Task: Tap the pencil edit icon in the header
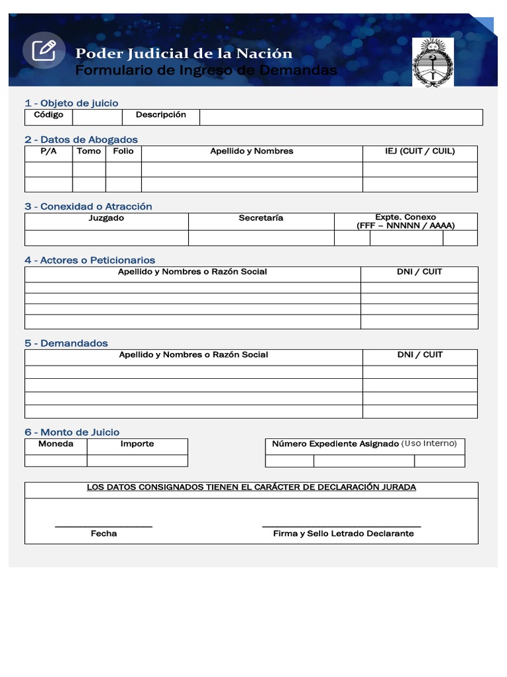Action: tap(44, 50)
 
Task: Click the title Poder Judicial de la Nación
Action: tap(184, 53)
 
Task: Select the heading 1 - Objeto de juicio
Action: tap(71, 102)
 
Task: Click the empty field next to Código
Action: tap(97, 117)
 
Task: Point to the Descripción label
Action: tap(161, 115)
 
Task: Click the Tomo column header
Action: tap(89, 151)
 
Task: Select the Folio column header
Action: tap(123, 151)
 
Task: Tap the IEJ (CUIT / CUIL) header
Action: tap(420, 151)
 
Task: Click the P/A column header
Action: tap(48, 151)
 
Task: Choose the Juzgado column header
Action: tap(106, 218)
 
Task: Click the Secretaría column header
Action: tap(261, 218)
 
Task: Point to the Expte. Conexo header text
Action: tap(405, 218)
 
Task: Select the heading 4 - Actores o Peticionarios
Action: tap(90, 260)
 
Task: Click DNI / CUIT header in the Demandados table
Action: tap(420, 355)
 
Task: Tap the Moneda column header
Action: tap(55, 444)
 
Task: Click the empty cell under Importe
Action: tap(137, 460)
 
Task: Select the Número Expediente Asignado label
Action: tap(335, 444)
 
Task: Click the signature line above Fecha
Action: tap(104, 527)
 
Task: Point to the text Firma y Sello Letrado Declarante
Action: tap(343, 534)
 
